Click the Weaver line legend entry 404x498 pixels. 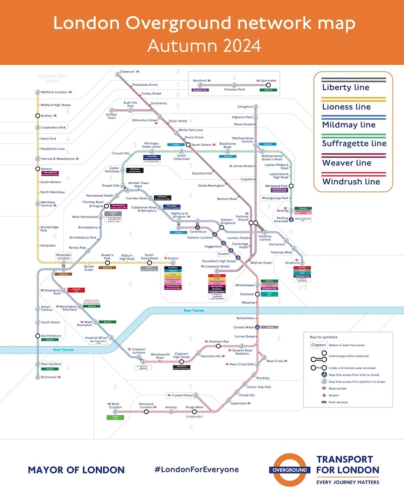tap(346, 163)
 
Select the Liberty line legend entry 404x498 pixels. tap(346, 88)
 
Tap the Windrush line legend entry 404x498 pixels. tap(351, 182)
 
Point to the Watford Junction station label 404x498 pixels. tap(54, 92)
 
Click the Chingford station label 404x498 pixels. tap(244, 107)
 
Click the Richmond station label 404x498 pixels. tap(48, 377)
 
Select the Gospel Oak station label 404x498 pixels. tap(110, 185)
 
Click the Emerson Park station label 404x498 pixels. tap(233, 90)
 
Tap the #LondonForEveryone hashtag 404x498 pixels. tap(197, 470)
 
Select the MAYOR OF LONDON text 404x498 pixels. tap(76, 470)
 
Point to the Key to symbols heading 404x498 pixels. tap(323, 337)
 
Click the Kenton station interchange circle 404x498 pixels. tap(37, 169)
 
